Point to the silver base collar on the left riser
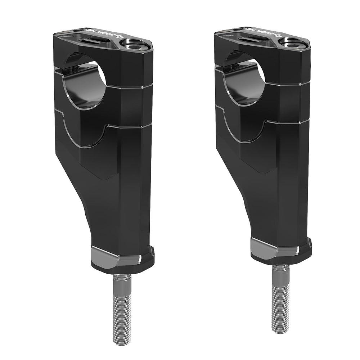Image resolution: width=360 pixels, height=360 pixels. [x=115, y=255]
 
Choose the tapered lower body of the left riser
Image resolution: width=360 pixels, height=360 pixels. [x=115, y=209]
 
